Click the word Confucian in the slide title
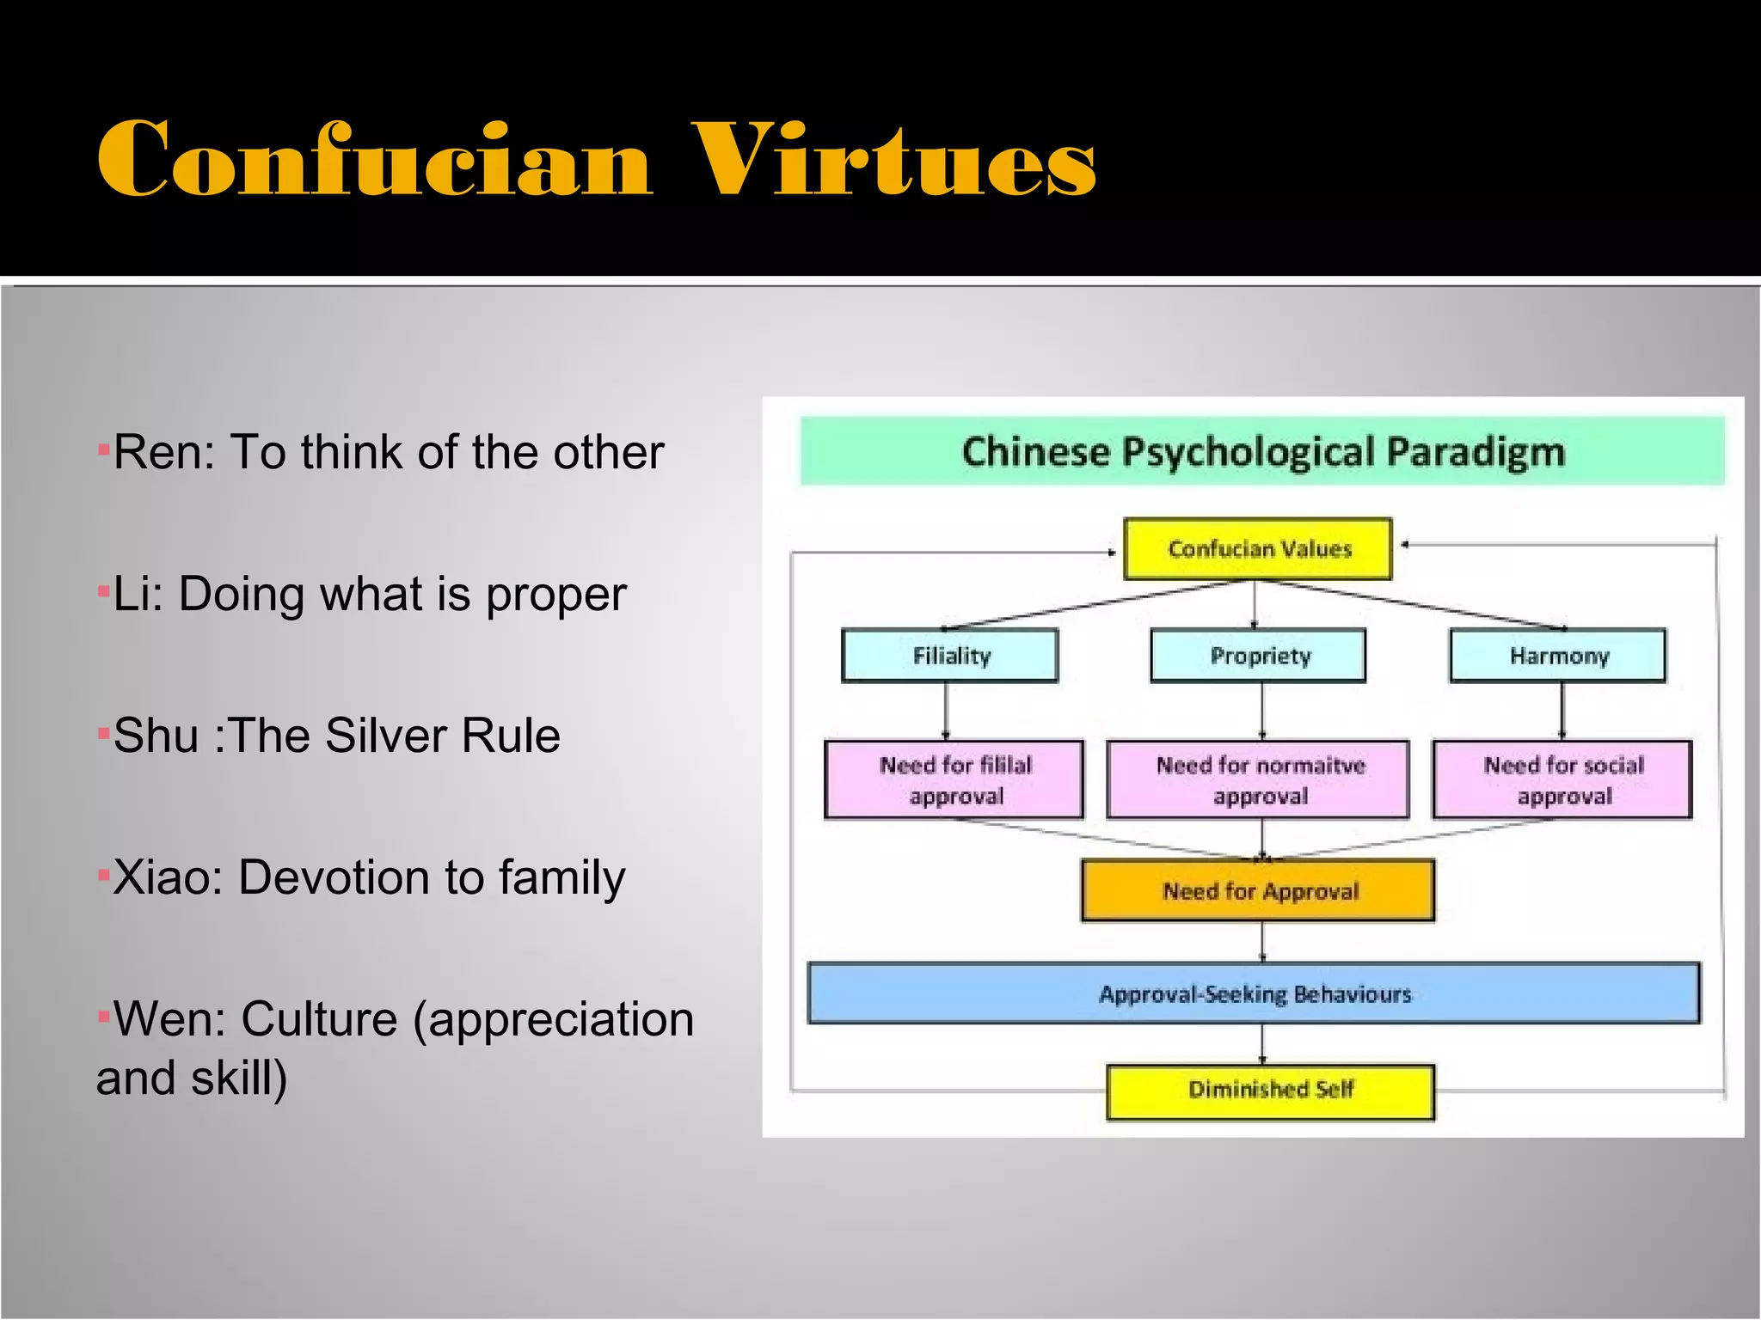tap(374, 160)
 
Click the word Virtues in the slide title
tap(893, 160)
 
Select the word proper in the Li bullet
tap(556, 595)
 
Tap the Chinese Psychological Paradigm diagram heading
tap(1262, 451)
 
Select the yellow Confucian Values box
tap(1257, 548)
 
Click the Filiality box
tap(950, 656)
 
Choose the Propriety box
tap(1258, 656)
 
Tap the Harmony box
tap(1557, 656)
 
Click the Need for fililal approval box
tap(954, 779)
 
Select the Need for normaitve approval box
tap(1258, 779)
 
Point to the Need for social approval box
tap(1562, 779)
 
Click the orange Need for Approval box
tap(1258, 890)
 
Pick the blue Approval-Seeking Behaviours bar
tap(1254, 993)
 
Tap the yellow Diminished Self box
tap(1270, 1090)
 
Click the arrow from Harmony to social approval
tap(1562, 711)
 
